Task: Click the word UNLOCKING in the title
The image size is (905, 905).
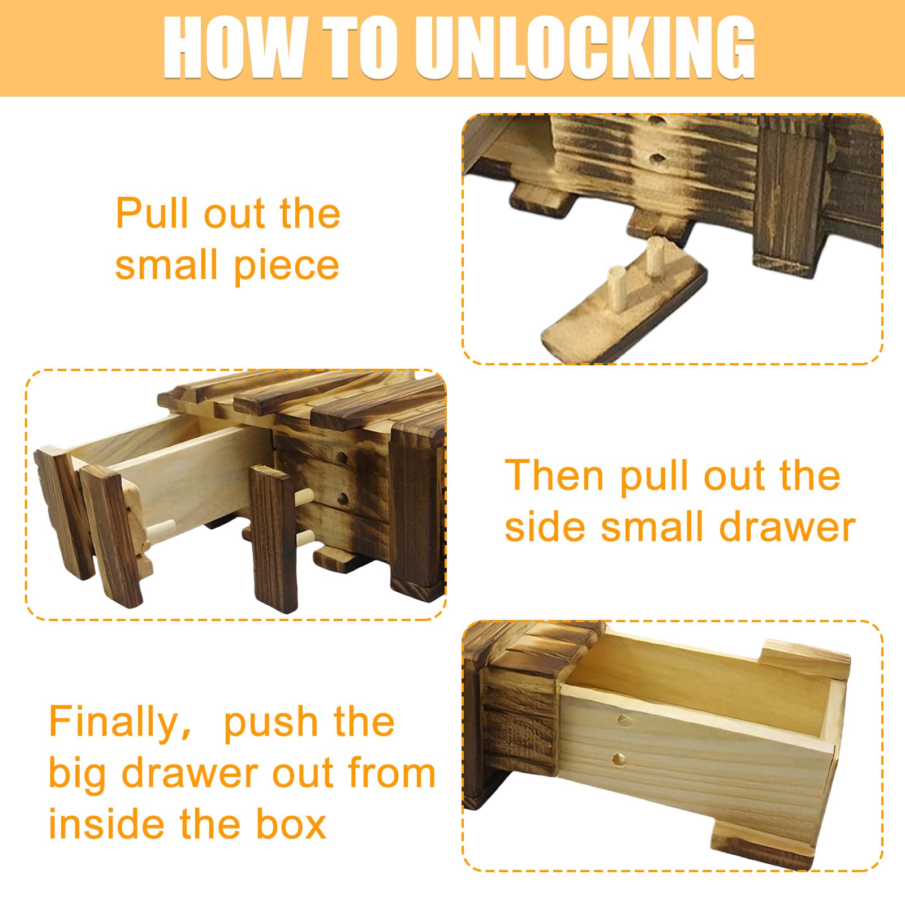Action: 585,48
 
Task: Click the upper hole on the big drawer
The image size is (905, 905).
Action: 624,720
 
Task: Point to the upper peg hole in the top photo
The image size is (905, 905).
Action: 657,120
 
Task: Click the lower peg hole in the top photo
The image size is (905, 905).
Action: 657,158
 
